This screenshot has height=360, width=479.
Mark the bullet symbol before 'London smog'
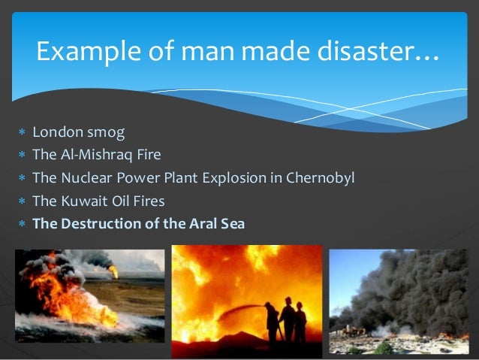(x=22, y=134)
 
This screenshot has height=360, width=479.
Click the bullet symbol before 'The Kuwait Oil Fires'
(x=22, y=201)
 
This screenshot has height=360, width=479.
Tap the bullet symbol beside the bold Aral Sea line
(x=22, y=224)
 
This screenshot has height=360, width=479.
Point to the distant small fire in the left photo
(x=113, y=270)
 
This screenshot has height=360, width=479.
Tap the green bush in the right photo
(x=384, y=347)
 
